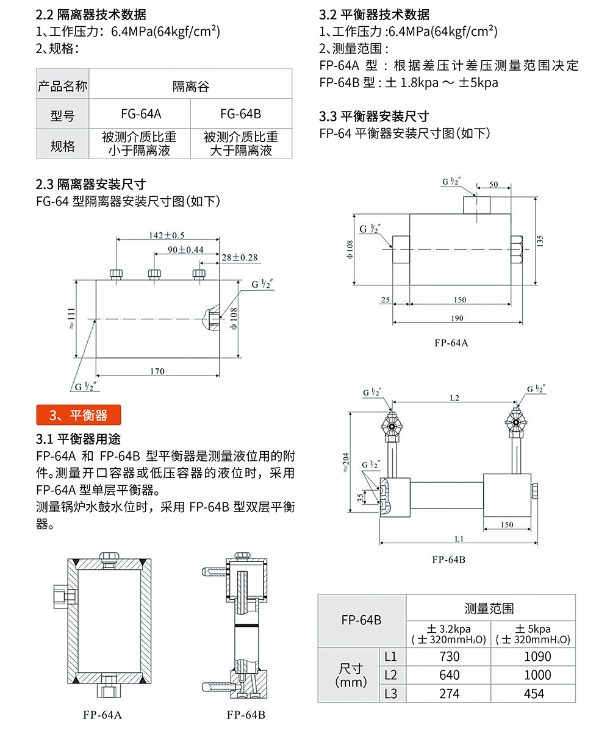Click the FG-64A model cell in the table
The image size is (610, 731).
[141, 114]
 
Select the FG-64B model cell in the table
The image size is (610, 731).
[240, 114]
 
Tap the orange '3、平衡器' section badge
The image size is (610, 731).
[79, 415]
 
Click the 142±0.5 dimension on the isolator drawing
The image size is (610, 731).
[167, 235]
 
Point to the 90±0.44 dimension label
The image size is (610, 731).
[185, 249]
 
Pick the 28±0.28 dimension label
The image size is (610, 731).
[240, 258]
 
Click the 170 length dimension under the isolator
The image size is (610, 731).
[157, 371]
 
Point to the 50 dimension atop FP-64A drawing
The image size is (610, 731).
[493, 184]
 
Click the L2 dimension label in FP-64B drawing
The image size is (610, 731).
[454, 398]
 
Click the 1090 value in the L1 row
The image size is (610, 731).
[533, 657]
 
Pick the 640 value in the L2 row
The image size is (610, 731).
[448, 675]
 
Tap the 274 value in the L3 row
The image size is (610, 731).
[448, 693]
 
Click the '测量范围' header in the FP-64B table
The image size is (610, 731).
[489, 608]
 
